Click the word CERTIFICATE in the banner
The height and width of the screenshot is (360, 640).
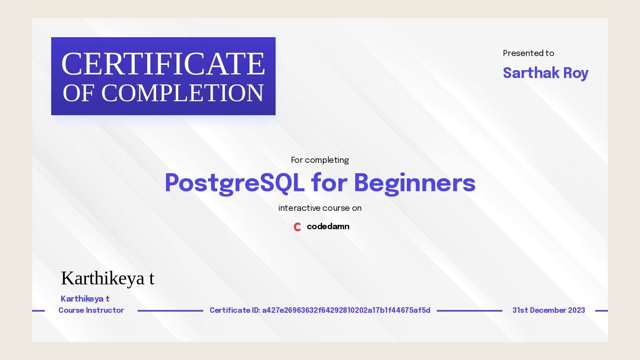[163, 64]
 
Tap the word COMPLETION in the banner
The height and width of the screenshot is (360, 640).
[182, 93]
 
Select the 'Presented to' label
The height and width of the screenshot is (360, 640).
[528, 53]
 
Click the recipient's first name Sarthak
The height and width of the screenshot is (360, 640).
[531, 73]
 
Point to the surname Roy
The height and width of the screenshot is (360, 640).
[576, 73]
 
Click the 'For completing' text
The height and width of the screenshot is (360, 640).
[320, 160]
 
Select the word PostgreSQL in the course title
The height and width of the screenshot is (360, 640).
[234, 183]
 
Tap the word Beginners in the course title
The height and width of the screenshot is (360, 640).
[414, 183]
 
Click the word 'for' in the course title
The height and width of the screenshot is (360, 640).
[329, 183]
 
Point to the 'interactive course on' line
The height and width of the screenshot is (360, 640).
[320, 208]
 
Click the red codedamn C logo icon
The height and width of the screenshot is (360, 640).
[297, 227]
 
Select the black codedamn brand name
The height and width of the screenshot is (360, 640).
[328, 226]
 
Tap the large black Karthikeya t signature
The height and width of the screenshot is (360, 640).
[107, 278]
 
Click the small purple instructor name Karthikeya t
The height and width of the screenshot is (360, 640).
[85, 299]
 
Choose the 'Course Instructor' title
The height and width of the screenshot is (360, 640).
[91, 310]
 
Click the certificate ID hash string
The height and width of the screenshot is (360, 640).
[346, 310]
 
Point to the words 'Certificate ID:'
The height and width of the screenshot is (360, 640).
[235, 310]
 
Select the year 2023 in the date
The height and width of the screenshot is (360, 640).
[576, 310]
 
